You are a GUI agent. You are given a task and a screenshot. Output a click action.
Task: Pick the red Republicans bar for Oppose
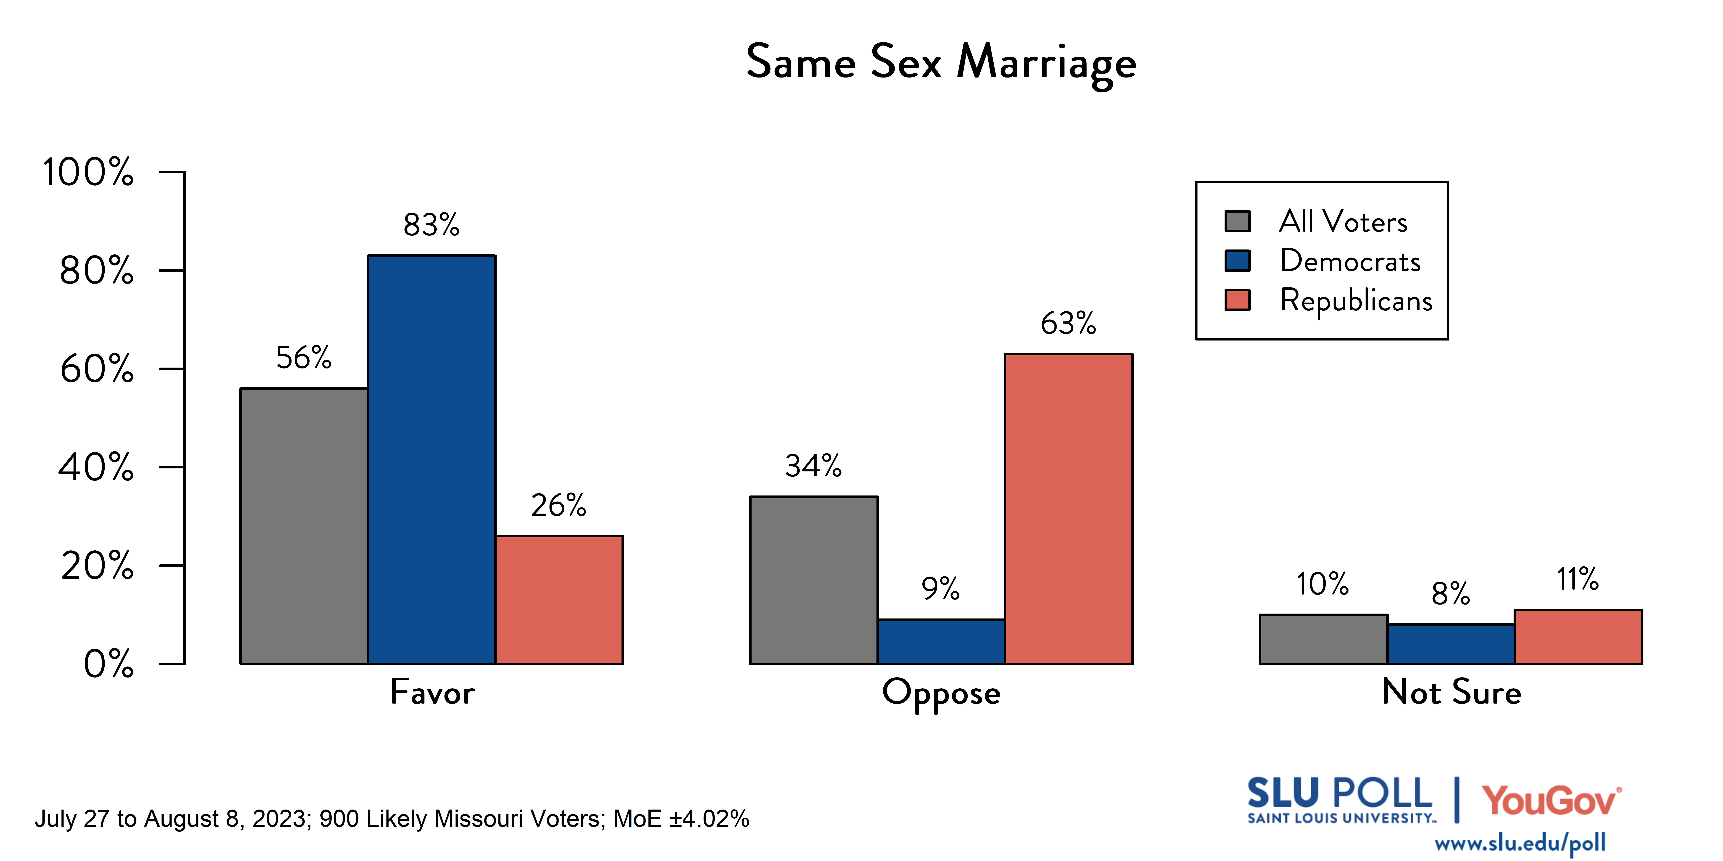coord(1068,508)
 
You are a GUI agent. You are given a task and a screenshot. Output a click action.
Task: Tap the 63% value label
coord(1068,323)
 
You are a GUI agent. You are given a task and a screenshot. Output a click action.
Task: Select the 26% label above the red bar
coord(559,505)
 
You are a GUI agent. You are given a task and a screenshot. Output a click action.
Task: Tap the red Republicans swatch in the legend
coord(1237,300)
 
